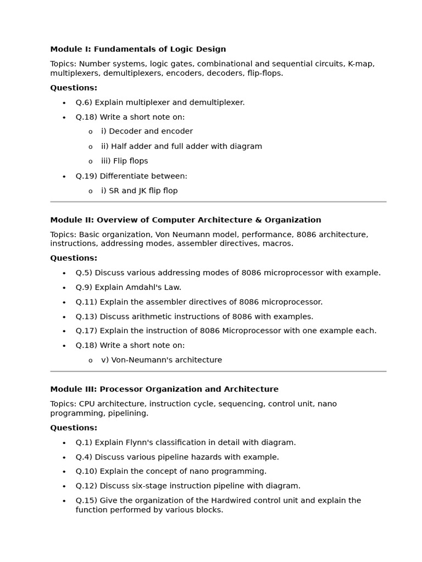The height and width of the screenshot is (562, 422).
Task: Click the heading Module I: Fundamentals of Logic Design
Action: coord(138,49)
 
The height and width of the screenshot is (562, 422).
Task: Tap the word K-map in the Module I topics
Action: coord(361,64)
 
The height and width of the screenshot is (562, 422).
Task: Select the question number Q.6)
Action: coord(85,103)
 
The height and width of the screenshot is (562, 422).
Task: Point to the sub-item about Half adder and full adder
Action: coord(181,147)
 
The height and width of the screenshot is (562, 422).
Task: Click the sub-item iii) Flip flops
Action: coord(124,161)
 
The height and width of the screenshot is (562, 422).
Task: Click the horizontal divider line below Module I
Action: coord(218,202)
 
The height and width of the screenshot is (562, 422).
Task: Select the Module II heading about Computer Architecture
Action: coord(186,220)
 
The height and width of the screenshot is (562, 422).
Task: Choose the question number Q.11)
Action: coord(87,302)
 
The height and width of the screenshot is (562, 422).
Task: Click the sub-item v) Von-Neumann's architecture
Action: coord(162,361)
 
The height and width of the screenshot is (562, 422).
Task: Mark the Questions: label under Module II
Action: coord(74,258)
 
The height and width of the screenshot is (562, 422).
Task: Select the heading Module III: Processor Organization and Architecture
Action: coord(164,390)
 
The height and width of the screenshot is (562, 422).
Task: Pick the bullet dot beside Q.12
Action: coord(64,486)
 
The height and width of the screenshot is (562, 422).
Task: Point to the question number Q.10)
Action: coord(87,471)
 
